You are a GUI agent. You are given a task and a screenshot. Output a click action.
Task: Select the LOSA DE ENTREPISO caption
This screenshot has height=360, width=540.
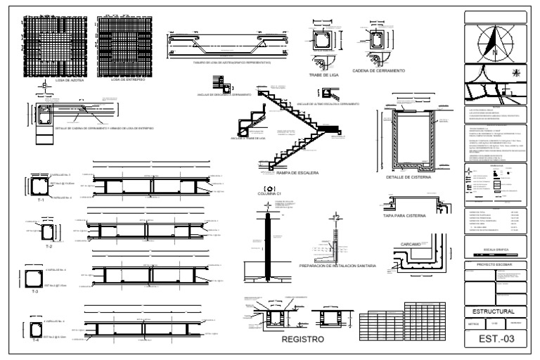click(129, 80)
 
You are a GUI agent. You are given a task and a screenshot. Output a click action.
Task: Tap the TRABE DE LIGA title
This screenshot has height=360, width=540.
click(324, 74)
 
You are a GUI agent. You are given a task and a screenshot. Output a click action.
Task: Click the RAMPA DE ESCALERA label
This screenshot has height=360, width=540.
click(298, 172)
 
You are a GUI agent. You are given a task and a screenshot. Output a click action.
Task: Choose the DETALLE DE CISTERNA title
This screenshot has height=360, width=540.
click(408, 177)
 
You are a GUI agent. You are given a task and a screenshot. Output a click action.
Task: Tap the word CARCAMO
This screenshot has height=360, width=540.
click(411, 244)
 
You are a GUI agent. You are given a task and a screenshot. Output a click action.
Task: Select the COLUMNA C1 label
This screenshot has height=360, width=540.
click(269, 194)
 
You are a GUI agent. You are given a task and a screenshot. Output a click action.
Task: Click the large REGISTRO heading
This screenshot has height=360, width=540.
click(302, 339)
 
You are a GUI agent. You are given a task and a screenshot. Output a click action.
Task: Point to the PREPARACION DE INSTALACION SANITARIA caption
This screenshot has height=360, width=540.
click(337, 266)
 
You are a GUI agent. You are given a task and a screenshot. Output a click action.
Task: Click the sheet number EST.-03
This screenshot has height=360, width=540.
click(496, 340)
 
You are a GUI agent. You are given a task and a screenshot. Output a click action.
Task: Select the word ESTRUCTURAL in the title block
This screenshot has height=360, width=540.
click(496, 311)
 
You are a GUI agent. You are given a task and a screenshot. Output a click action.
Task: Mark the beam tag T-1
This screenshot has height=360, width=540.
click(40, 200)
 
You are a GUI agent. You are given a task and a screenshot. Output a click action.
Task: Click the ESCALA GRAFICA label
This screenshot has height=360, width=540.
click(496, 249)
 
